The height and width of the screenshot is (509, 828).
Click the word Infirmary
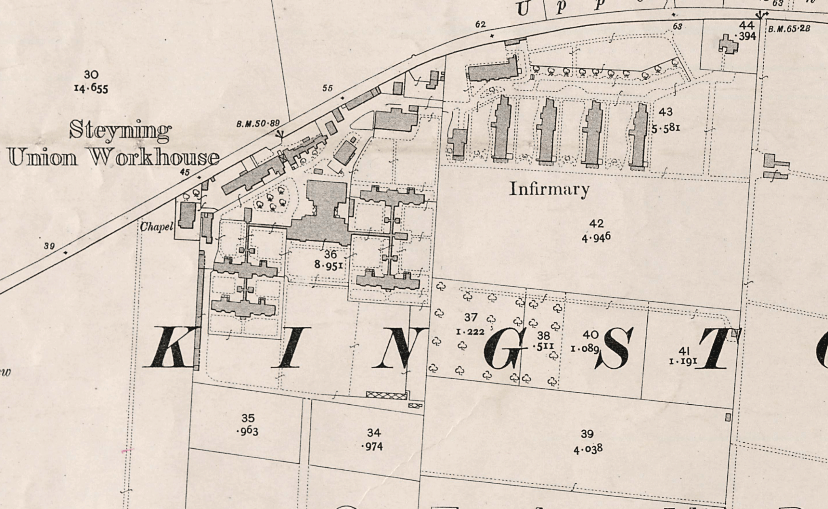[x=549, y=189]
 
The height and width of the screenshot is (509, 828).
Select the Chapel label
[x=156, y=227]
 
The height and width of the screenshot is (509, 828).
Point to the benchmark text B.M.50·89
[x=258, y=123]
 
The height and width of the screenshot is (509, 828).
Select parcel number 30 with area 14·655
[x=91, y=82]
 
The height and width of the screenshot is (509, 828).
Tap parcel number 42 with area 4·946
[x=596, y=230]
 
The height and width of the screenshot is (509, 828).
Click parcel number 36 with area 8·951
[x=330, y=260]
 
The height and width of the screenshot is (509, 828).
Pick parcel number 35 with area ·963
[x=247, y=425]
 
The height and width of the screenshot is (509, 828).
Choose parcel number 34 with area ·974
[x=373, y=439]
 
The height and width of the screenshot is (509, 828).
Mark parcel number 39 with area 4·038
[x=587, y=441]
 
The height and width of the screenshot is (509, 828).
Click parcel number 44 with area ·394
[x=746, y=31]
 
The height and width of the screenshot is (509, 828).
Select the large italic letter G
[x=504, y=348]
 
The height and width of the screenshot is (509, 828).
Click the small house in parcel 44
[x=729, y=44]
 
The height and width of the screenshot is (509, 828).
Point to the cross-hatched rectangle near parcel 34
[x=386, y=395]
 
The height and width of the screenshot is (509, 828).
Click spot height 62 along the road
[x=480, y=25]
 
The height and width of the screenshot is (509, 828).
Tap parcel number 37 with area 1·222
[x=470, y=324]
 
